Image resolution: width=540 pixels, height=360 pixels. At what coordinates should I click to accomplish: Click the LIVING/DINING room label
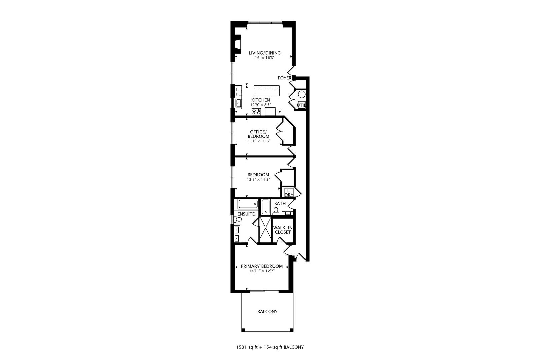pyautogui.click(x=265, y=53)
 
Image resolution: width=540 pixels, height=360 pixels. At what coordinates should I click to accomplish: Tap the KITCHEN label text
pyautogui.click(x=260, y=100)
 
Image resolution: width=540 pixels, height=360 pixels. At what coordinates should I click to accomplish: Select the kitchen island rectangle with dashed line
pyautogui.click(x=266, y=90)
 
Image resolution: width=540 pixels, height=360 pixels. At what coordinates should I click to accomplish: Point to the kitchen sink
pyautogui.click(x=239, y=102)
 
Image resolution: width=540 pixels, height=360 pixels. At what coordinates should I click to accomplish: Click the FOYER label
pyautogui.click(x=285, y=78)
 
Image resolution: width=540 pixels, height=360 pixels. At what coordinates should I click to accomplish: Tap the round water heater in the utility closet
pyautogui.click(x=302, y=94)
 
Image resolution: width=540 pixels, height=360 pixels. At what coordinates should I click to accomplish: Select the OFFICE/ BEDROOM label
pyautogui.click(x=258, y=134)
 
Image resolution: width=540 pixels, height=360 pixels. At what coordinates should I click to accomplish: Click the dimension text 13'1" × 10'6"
pyautogui.click(x=258, y=141)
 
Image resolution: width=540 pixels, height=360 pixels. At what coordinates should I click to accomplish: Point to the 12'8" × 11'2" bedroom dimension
pyautogui.click(x=258, y=179)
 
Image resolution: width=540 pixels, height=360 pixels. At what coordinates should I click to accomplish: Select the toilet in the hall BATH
pyautogui.click(x=276, y=210)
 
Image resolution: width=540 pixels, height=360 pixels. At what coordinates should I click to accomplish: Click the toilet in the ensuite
pyautogui.click(x=238, y=219)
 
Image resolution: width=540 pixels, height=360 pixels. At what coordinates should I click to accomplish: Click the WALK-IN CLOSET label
pyautogui.click(x=283, y=230)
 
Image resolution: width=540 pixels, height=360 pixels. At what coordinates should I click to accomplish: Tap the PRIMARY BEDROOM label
pyautogui.click(x=262, y=266)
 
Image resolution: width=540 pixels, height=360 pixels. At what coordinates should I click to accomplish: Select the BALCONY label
pyautogui.click(x=267, y=312)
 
